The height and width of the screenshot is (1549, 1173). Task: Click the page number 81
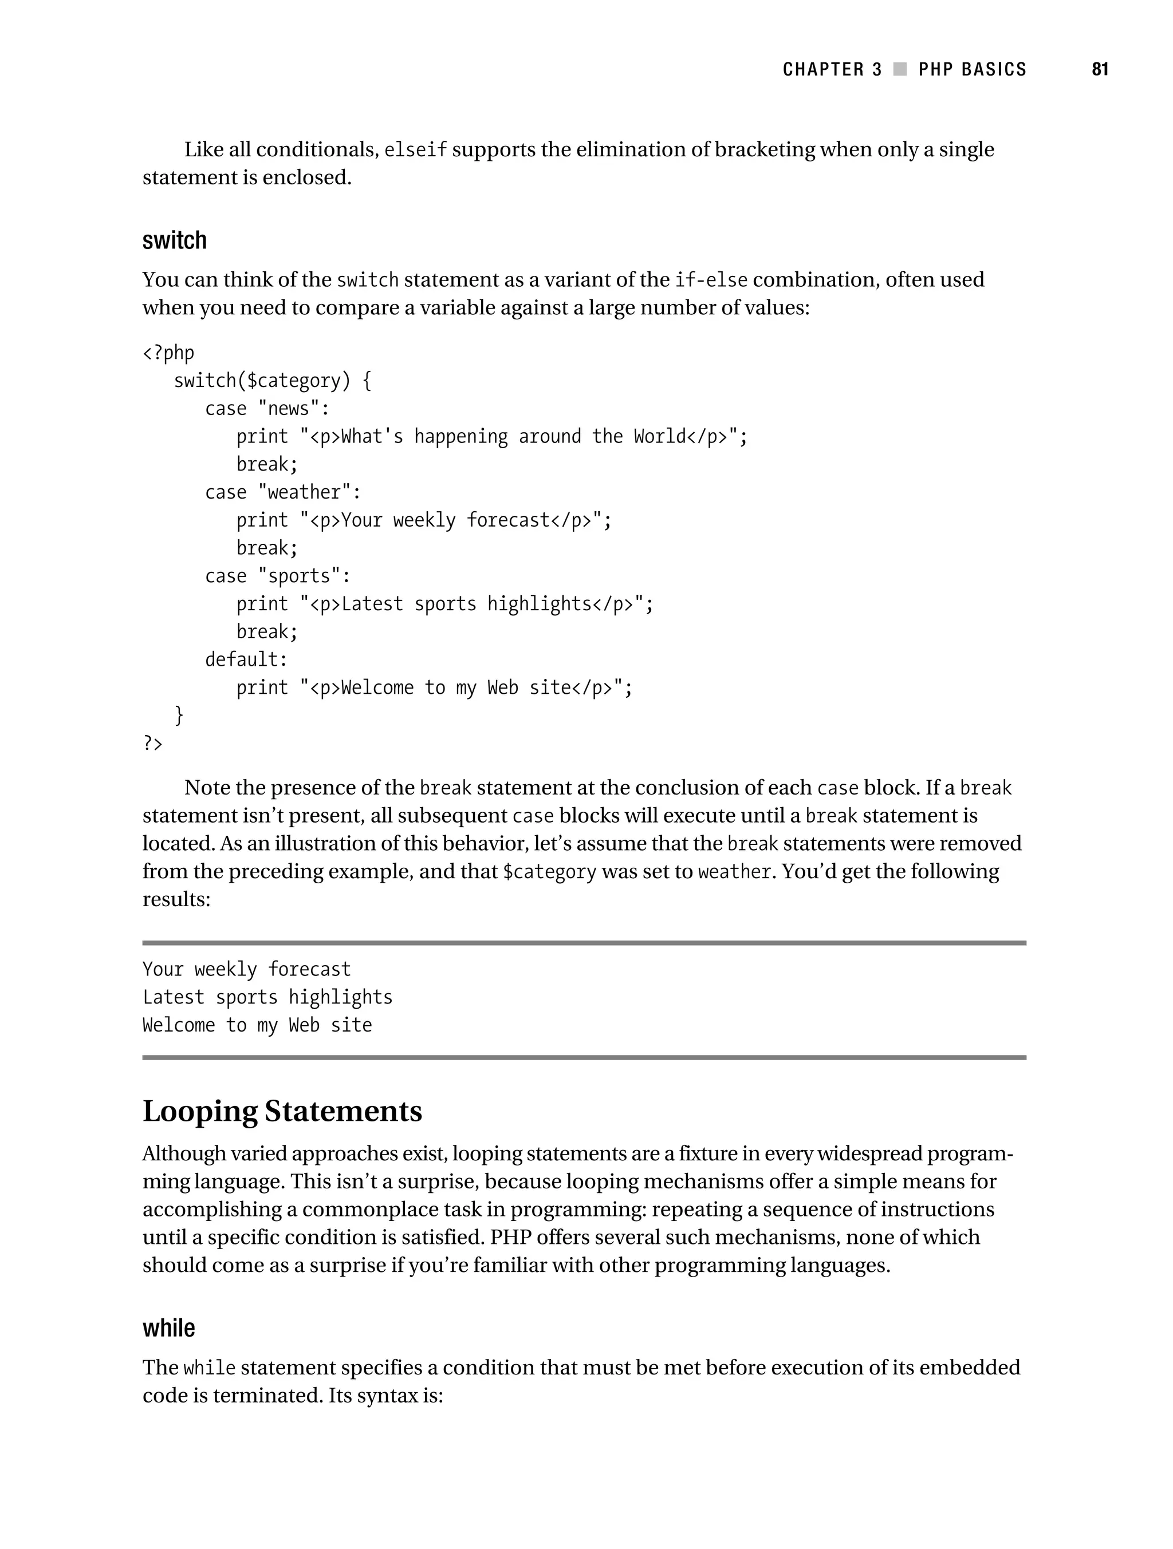tap(1100, 69)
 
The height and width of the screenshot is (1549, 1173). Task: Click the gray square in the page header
tap(900, 69)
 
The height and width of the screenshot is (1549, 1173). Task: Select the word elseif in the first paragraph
tap(415, 150)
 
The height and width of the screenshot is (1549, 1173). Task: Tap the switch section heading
tap(175, 240)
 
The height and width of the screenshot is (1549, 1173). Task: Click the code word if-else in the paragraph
tap(711, 280)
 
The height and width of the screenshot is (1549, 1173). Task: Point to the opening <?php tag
tap(168, 353)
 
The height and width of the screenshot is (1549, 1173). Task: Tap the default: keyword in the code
tap(246, 659)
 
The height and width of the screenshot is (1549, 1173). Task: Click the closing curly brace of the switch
tap(179, 715)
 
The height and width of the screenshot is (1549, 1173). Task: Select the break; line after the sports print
tap(267, 631)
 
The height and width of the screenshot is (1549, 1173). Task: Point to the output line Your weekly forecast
tap(246, 969)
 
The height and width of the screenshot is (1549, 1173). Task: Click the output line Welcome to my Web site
tap(257, 1025)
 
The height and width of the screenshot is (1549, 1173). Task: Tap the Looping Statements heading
tap(282, 1111)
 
